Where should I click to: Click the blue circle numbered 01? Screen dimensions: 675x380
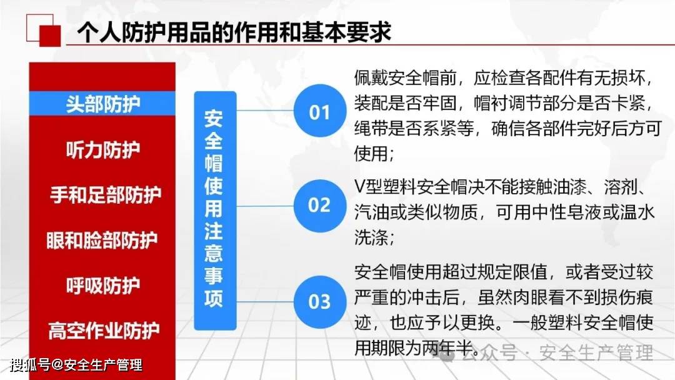pos(320,111)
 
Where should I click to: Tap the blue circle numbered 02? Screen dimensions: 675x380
pos(320,206)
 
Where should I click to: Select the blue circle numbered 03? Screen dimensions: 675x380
pos(320,302)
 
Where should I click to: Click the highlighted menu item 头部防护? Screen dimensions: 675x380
pos(102,104)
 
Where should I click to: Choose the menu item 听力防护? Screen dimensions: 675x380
pos(103,150)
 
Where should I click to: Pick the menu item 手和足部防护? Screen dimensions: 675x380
pos(106,194)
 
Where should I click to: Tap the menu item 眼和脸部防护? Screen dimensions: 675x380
pos(102,240)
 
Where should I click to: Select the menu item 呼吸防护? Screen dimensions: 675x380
pos(103,286)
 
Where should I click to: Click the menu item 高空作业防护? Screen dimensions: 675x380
pos(104,331)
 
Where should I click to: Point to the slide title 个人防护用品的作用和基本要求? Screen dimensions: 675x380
pos(234,32)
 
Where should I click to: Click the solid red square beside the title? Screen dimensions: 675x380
pos(50,36)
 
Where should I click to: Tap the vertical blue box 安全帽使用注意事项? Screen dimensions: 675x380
pos(215,211)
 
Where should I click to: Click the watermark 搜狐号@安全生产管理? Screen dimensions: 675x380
pos(76,365)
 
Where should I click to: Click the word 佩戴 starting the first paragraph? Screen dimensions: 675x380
pos(371,78)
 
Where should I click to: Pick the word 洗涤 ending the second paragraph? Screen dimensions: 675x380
pos(371,237)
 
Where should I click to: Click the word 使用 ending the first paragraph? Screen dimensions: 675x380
pos(371,153)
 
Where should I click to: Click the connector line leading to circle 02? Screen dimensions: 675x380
pos(265,206)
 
